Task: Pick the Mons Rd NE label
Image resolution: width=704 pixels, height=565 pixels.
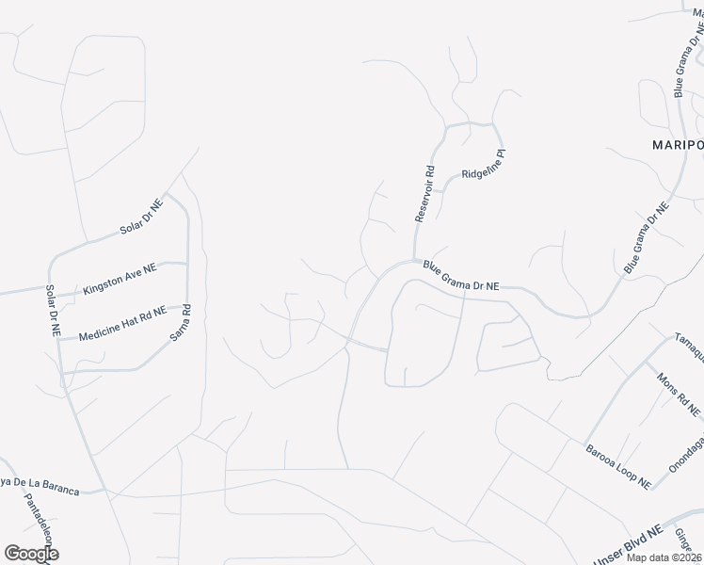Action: [x=679, y=392]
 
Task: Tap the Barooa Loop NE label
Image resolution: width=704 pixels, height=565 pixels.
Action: [x=617, y=466]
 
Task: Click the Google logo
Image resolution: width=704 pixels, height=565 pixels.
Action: [x=31, y=554]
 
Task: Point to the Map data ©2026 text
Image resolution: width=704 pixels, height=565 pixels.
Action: [x=664, y=557]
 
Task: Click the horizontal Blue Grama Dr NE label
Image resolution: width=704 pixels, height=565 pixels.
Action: [x=460, y=276]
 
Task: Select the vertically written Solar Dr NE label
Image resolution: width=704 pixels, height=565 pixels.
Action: [x=54, y=311]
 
